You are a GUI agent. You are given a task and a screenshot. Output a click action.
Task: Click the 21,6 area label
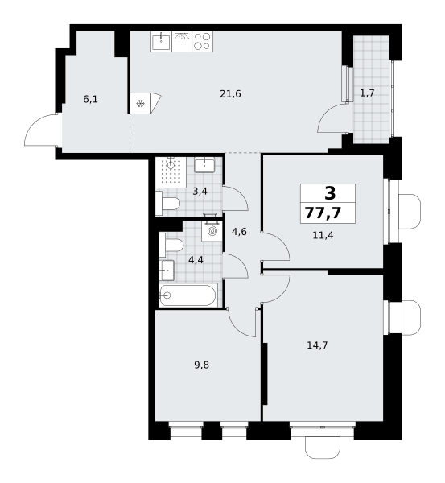pyautogui.click(x=230, y=93)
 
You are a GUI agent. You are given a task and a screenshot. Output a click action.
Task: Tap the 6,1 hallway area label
pyautogui.click(x=91, y=100)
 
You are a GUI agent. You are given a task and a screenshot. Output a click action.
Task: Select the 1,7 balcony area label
pyautogui.click(x=367, y=93)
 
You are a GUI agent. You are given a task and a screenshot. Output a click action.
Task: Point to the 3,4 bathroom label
pyautogui.click(x=200, y=192)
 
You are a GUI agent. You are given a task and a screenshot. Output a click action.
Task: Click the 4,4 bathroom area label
pyautogui.click(x=196, y=260)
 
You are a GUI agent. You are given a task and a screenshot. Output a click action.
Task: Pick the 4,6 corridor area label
pyautogui.click(x=239, y=232)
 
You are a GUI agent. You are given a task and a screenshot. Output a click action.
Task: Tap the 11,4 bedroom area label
pyautogui.click(x=323, y=236)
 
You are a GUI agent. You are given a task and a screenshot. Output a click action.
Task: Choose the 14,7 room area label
pyautogui.click(x=318, y=345)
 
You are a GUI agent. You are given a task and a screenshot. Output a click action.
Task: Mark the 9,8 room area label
pyautogui.click(x=202, y=365)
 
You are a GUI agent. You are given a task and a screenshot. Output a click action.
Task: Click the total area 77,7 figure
pyautogui.click(x=323, y=213)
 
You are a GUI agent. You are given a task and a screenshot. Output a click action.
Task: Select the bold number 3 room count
pyautogui.click(x=330, y=194)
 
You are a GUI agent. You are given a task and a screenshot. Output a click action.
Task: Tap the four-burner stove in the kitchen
pyautogui.click(x=203, y=41)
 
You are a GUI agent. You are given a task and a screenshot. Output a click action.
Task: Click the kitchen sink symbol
pyautogui.click(x=161, y=41)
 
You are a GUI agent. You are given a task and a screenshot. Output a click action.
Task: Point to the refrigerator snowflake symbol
pyautogui.click(x=141, y=104)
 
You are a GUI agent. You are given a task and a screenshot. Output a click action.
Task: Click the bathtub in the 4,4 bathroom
pyautogui.click(x=188, y=295)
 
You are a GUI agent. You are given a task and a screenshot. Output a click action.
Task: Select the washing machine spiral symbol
pyautogui.click(x=212, y=231)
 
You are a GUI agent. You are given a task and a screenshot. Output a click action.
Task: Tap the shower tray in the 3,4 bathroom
pyautogui.click(x=171, y=172)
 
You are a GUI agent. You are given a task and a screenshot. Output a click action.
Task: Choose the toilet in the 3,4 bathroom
pyautogui.click(x=168, y=204)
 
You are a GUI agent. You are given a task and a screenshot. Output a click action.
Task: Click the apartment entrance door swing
pyautogui.click(x=41, y=130)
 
